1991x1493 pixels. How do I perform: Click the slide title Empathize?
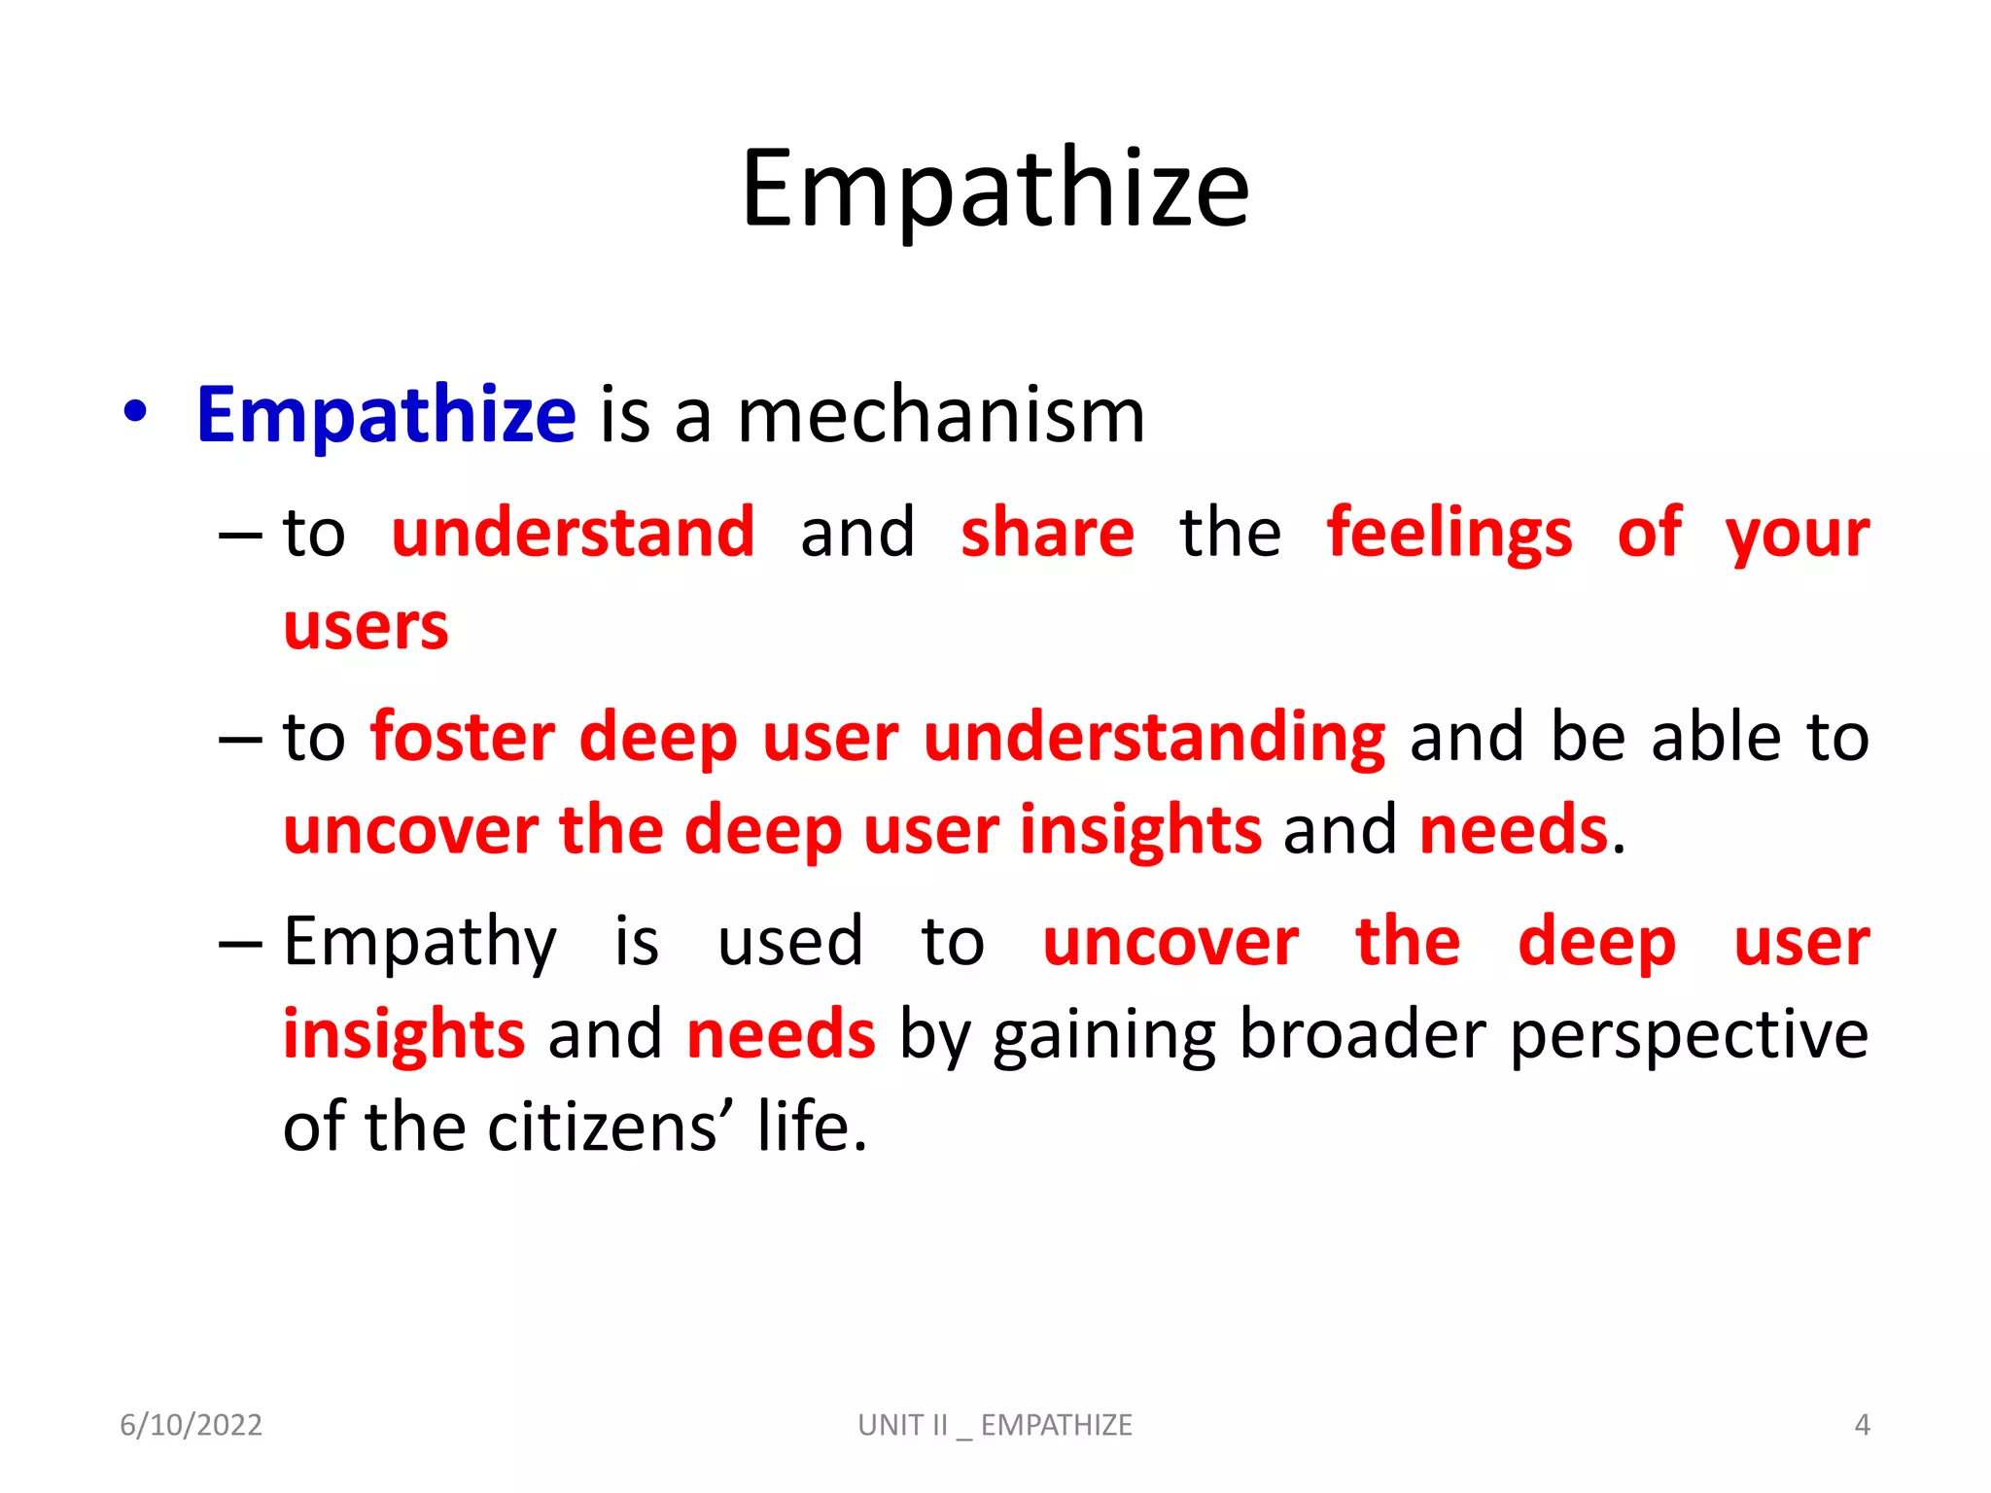click(995, 190)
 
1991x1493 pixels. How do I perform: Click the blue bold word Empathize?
click(386, 416)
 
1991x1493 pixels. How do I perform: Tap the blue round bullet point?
click(136, 412)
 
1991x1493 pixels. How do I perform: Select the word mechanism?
click(941, 416)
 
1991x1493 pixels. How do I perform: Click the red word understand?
click(573, 533)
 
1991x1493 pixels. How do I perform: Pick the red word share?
click(1047, 533)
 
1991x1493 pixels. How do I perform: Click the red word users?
click(366, 627)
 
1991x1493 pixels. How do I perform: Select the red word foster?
click(463, 737)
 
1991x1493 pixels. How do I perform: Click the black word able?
click(1716, 737)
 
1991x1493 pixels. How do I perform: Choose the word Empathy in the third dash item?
click(420, 943)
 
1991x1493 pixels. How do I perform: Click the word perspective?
click(1689, 1036)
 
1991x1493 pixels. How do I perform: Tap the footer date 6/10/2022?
click(191, 1425)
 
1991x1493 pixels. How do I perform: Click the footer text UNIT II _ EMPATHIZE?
click(995, 1425)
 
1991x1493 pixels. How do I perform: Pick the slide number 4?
click(1862, 1425)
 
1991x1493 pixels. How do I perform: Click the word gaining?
click(1103, 1036)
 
